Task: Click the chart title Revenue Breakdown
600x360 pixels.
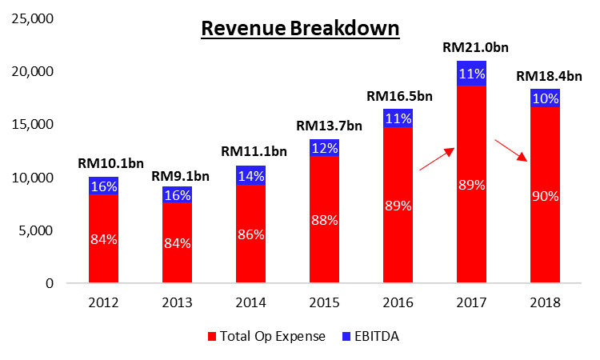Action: (x=300, y=29)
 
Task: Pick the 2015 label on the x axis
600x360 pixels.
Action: (x=324, y=303)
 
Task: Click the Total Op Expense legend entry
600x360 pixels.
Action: (x=264, y=337)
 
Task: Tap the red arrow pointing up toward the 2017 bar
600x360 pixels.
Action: (x=437, y=159)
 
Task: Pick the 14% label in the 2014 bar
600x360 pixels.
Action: (x=250, y=176)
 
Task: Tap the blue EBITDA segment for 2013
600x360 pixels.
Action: (x=177, y=194)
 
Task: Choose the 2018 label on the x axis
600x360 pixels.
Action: (x=545, y=303)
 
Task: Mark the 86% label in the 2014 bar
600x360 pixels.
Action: (x=250, y=236)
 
